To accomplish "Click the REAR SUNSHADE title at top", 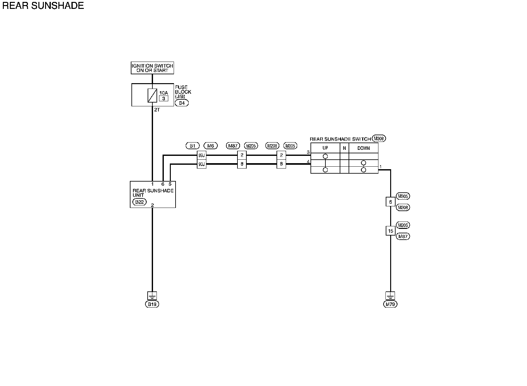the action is (x=43, y=6).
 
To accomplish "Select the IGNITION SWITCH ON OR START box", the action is (x=152, y=68).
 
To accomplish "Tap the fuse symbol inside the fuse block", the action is (x=152, y=95).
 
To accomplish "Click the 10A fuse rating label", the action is (x=163, y=93).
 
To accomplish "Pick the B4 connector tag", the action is (x=182, y=103).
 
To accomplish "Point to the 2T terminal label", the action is (x=157, y=110).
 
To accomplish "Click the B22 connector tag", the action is (x=139, y=202).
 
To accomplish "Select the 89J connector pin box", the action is (x=202, y=156).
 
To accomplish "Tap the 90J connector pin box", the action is (x=202, y=164).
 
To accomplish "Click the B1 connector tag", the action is (x=192, y=146).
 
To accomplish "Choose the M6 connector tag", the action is (x=210, y=146).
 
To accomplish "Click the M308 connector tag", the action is (x=379, y=138).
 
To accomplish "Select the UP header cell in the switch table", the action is (x=325, y=148).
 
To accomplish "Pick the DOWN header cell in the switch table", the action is (x=364, y=148).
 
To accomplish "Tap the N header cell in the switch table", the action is (x=344, y=148).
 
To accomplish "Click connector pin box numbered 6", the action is (x=390, y=202).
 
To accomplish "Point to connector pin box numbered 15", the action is (x=390, y=231).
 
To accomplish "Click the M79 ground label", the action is (x=390, y=304).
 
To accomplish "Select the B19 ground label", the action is (x=152, y=304).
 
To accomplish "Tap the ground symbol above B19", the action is (x=152, y=296).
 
